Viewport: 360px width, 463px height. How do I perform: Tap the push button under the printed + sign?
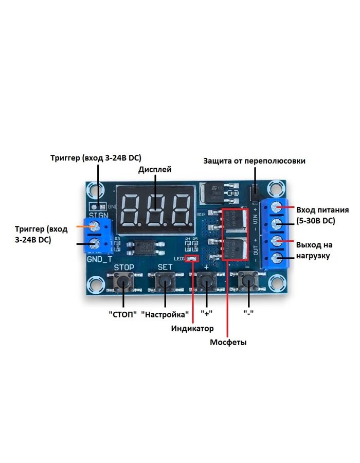point(206,282)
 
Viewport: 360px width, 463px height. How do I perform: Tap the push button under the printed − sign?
point(248,282)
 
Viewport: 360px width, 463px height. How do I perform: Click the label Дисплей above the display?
point(155,169)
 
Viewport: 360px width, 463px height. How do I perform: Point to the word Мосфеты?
point(228,342)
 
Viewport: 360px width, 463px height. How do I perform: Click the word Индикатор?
point(192,328)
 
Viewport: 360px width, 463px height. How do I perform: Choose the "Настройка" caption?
point(165,313)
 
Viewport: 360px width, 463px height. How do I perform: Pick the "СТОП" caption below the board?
point(123,313)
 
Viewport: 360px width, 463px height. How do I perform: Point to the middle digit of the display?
point(155,210)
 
